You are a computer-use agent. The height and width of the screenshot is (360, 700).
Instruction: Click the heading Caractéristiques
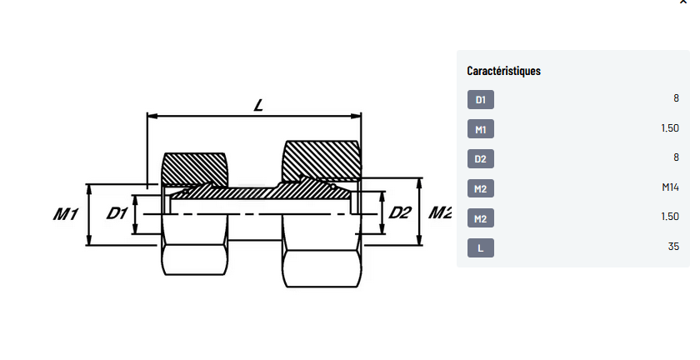click(503, 71)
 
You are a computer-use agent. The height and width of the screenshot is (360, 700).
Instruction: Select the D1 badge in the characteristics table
click(480, 100)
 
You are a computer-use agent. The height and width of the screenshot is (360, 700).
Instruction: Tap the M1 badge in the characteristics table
click(480, 129)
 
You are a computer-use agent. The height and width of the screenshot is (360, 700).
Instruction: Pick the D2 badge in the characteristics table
click(480, 159)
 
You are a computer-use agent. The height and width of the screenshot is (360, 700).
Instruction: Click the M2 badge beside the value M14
click(480, 189)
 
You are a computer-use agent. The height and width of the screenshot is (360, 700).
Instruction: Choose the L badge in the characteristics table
click(480, 247)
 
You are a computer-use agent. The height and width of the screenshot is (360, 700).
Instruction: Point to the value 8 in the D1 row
click(676, 99)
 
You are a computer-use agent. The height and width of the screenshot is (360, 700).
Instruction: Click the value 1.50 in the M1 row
click(669, 129)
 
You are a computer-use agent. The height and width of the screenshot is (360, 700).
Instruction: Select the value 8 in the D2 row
click(676, 158)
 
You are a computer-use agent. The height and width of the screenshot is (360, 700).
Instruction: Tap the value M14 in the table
click(670, 188)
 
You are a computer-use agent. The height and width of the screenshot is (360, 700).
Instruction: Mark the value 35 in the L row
click(673, 247)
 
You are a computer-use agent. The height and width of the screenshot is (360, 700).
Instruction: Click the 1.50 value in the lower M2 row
click(669, 217)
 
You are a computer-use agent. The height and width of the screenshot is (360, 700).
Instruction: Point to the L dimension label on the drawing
click(258, 106)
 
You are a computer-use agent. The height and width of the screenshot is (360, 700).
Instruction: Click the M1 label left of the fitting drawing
click(66, 214)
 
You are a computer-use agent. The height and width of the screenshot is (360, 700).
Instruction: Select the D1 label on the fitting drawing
click(117, 213)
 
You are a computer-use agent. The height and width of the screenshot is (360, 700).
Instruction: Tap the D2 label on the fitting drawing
click(401, 213)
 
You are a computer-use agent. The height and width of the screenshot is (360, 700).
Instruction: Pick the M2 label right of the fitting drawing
click(440, 213)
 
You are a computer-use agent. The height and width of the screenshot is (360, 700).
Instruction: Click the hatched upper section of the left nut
click(194, 169)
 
